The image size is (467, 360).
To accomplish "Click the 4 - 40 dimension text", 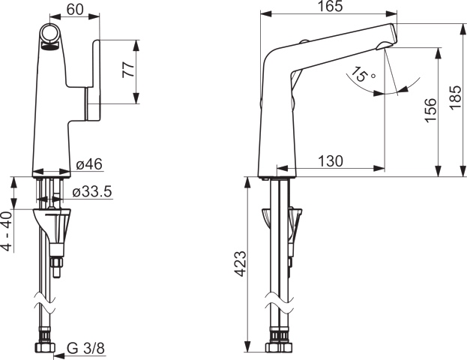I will [x=7, y=231].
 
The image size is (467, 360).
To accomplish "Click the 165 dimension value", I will [x=329, y=7].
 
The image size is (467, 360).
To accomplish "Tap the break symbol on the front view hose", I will [x=46, y=307].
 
